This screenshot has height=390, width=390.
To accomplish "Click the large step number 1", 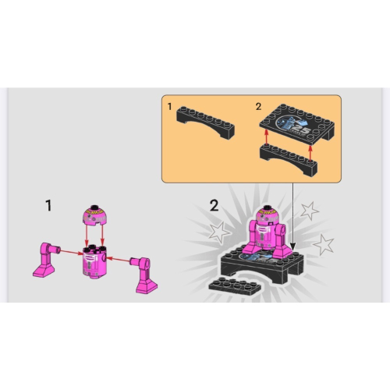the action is pos(48,206).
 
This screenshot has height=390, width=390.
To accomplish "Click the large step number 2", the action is pos(214,206).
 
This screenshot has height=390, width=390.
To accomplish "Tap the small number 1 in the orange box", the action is pos(170,107).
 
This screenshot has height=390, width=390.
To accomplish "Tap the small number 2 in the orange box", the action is pos(258,107).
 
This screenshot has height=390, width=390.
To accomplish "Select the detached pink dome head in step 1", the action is pos(94,215).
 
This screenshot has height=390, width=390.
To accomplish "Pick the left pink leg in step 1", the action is pos(46,260).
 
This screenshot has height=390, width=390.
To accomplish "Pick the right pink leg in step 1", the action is pos(144,275).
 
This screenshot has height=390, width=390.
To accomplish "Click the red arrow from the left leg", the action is pos(72,252).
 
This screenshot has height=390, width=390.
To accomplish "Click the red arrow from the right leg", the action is pos(119,259).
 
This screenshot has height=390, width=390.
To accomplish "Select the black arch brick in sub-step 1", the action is pos(205,122).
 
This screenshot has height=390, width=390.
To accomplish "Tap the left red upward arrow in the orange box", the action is pos(266,137).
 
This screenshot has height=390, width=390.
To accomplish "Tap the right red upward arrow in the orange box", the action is pos(310,153).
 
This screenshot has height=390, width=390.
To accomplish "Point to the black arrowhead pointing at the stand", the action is pos(293,246).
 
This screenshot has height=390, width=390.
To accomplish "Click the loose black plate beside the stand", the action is pos(235,285).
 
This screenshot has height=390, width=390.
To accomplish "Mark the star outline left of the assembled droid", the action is pos(219,232).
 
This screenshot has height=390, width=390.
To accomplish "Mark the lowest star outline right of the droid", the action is pos(324,244).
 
